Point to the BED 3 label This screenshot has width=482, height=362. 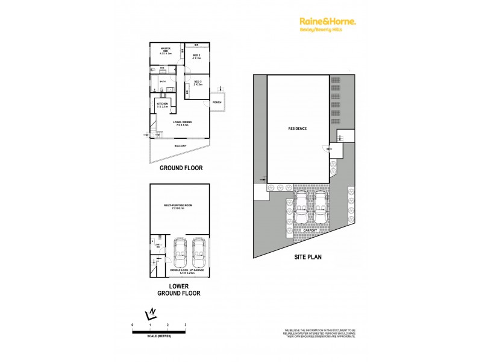point(197,83)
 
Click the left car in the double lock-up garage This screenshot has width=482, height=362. point(179,254)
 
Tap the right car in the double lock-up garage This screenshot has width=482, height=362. point(198,254)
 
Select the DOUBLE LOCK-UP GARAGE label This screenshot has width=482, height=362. point(187,273)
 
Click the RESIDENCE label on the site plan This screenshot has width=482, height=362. point(298,129)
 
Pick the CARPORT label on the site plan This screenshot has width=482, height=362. point(310,229)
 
